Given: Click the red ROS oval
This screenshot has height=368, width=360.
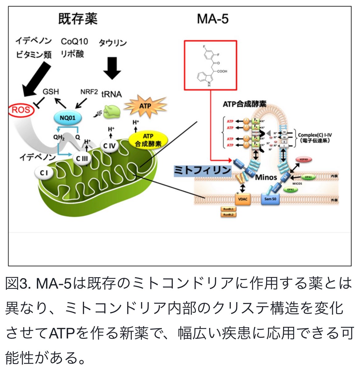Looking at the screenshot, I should coord(21,110).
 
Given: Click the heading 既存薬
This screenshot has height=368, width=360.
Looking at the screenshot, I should coord(78,19).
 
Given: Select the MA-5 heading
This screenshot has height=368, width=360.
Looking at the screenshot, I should coord(213,19).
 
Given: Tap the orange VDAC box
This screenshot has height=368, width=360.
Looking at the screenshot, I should coord(243,199).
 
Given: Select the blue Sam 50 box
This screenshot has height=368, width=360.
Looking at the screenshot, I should coord(270,199).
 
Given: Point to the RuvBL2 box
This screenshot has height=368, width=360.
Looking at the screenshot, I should coord(228,214).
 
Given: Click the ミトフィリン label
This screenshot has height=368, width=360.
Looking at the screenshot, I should coord(202,170).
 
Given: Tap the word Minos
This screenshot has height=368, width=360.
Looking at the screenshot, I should coord(266,178).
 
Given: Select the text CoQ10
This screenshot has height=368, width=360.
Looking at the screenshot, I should coord(74,41).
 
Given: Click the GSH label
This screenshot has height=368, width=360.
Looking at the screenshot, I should coord(51,92).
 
